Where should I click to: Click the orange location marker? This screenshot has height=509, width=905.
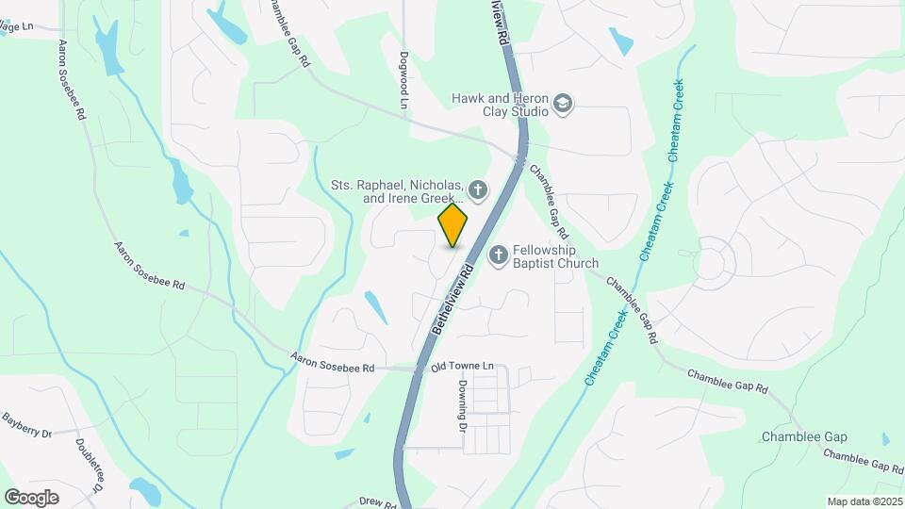tap(453, 225)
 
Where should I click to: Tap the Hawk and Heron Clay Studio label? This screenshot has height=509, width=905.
tap(500, 104)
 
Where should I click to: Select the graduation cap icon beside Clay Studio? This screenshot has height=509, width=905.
tap(563, 103)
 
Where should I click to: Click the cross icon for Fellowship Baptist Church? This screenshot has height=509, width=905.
tap(498, 254)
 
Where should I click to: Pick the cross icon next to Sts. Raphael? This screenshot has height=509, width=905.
tap(478, 191)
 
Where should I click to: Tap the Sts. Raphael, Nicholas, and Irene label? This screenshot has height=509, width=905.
tap(396, 191)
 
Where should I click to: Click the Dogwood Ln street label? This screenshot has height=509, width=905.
tap(404, 79)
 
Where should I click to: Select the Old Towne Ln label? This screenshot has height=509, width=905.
tap(462, 366)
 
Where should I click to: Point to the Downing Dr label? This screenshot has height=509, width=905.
tap(464, 405)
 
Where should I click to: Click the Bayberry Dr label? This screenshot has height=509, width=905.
tap(25, 425)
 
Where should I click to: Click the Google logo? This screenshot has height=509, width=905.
tap(31, 497)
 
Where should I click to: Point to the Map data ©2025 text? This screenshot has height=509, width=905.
tap(864, 501)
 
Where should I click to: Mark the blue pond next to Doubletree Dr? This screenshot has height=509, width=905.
tap(146, 489)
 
